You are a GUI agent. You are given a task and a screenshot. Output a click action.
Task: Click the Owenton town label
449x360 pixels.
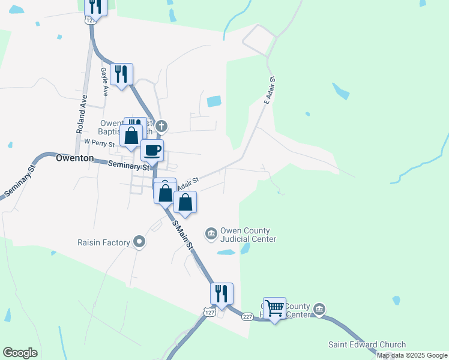(74, 158)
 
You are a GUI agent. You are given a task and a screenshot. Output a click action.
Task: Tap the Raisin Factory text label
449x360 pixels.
(104, 242)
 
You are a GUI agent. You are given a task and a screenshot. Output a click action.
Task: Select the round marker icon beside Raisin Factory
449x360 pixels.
(140, 242)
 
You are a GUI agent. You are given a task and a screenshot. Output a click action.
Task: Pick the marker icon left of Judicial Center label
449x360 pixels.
(211, 233)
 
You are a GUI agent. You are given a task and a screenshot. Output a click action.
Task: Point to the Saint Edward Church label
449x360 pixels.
(367, 344)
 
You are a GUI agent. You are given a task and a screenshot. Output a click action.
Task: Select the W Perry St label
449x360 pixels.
(98, 142)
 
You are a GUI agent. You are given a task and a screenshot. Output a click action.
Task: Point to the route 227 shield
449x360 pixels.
(247, 317)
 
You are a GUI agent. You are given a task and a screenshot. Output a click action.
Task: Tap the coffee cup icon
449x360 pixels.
(152, 149)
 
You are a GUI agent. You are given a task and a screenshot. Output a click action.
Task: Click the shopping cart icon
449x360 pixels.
(274, 308)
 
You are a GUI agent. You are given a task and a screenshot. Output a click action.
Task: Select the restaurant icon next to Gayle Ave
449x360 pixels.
(122, 74)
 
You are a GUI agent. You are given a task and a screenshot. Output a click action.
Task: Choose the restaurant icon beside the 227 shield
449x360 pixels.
(221, 293)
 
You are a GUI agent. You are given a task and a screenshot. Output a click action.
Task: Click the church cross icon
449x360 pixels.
(163, 126)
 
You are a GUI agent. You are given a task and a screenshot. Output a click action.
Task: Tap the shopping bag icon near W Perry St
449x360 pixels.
(131, 135)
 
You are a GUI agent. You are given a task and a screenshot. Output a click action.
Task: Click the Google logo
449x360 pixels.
(20, 353)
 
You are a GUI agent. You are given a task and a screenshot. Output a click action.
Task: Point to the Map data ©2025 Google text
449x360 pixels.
(412, 355)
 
